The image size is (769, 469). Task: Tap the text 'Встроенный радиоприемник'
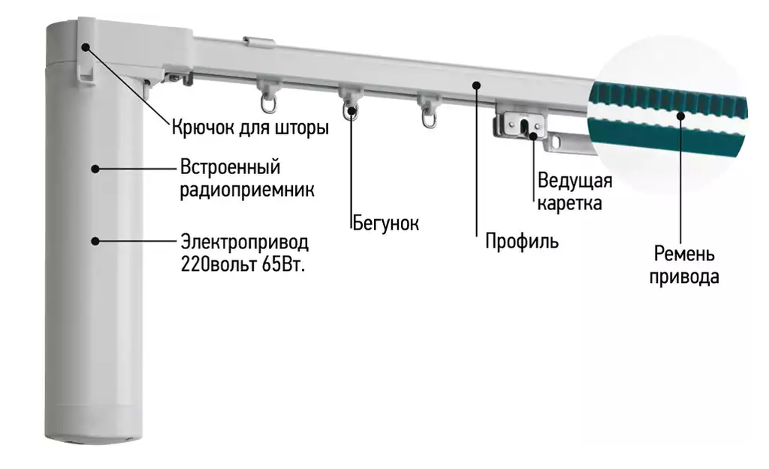(246, 178)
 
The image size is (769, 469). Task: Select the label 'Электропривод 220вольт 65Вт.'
(245, 254)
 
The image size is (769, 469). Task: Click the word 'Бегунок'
(385, 223)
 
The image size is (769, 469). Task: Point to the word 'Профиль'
(521, 242)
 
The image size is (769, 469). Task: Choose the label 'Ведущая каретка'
(574, 191)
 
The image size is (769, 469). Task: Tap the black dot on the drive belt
(680, 115)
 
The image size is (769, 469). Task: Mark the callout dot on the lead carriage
(533, 136)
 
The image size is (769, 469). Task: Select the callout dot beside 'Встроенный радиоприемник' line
(95, 168)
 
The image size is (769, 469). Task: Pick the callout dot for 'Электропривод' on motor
(95, 240)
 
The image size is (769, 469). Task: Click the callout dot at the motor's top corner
(86, 47)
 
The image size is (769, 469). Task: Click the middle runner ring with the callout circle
(351, 113)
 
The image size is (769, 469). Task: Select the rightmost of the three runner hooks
(429, 117)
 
